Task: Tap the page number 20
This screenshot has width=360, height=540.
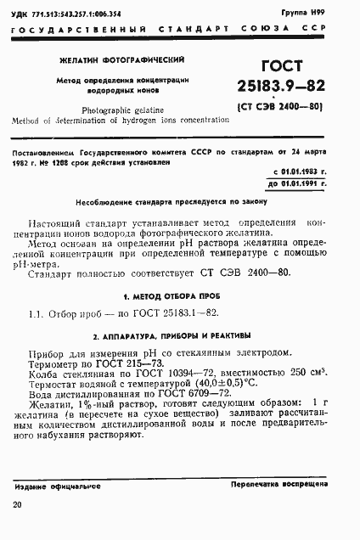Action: [x=18, y=506]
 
